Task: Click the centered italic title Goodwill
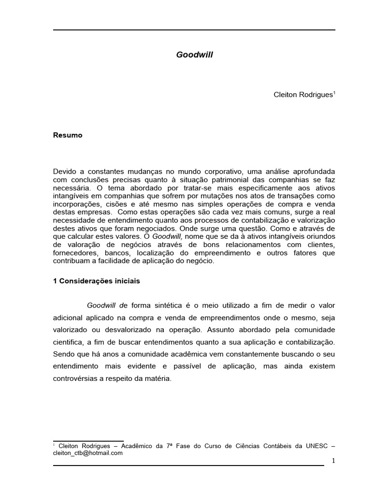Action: click(194, 55)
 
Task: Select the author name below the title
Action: click(303, 95)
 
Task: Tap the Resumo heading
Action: click(68, 135)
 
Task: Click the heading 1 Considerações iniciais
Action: click(97, 280)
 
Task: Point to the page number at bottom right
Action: click(333, 461)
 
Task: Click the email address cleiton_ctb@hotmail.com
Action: click(87, 453)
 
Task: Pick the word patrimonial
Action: click(214, 179)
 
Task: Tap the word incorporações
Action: click(76, 204)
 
